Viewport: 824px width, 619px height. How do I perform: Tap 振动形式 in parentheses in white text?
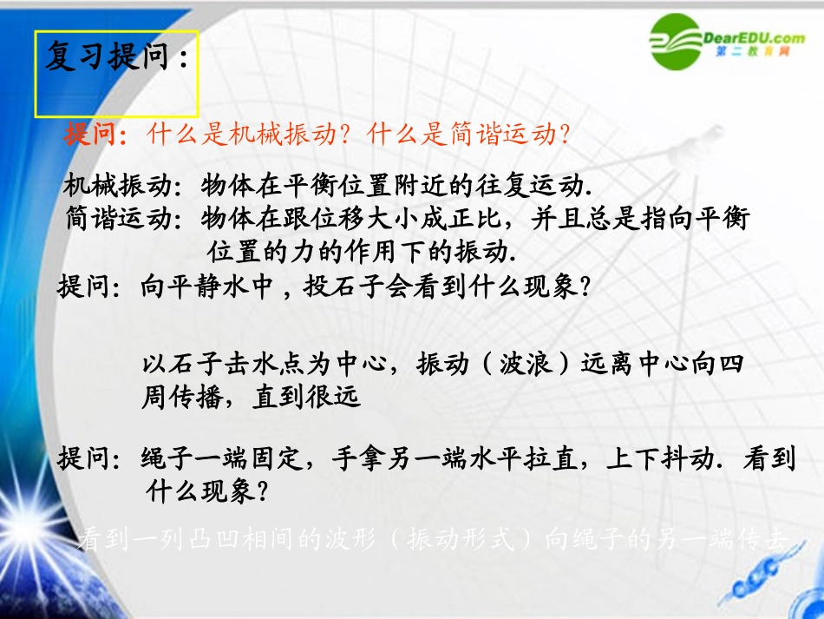tap(460, 540)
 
